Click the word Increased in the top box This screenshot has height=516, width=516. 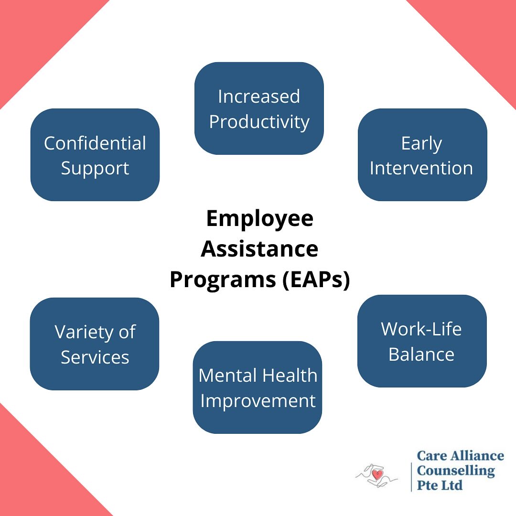tap(259, 97)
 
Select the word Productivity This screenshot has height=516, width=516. tap(259, 122)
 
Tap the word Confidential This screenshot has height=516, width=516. tap(95, 143)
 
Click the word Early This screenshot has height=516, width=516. tap(421, 143)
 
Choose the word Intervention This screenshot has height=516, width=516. tap(421, 168)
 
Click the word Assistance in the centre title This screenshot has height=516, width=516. tap(259, 249)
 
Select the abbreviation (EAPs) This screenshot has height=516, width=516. tap(315, 280)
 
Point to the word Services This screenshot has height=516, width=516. tap(95, 357)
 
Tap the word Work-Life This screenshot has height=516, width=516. tap(421, 329)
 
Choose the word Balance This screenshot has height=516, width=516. tap(421, 355)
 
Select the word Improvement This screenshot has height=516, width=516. tap(258, 401)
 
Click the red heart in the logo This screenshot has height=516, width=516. tap(377, 475)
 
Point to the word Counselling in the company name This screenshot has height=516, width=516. tap(456, 471)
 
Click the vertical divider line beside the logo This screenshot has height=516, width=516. tap(411, 476)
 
